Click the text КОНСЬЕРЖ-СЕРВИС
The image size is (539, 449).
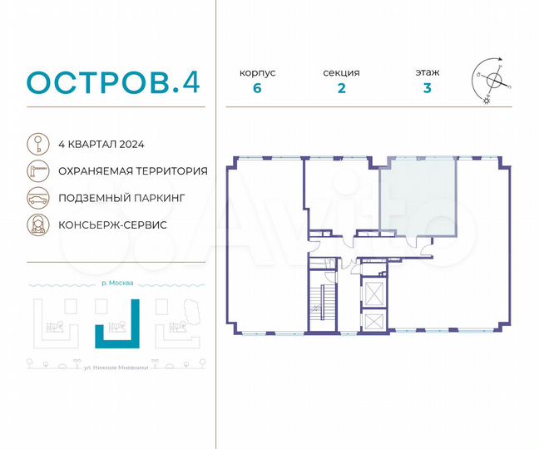coord(112,225)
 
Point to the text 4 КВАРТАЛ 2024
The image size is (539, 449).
coord(101,144)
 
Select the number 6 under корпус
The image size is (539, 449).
coord(257,89)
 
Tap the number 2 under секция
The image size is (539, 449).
coord(341,89)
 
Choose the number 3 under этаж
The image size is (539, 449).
coord(427,89)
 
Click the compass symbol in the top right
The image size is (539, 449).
coord(493,81)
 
